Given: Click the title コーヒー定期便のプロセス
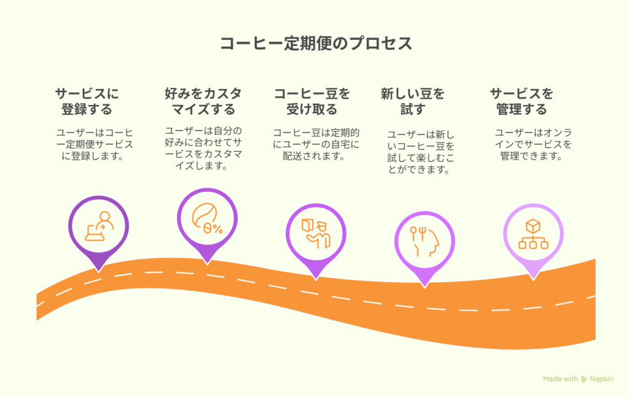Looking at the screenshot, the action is pos(316,44).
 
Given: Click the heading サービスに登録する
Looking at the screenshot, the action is pos(87,101).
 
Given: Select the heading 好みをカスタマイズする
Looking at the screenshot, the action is pos(203,101).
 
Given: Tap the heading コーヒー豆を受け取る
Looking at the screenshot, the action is pos(312,101).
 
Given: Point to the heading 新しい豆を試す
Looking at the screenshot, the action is pos(413,101).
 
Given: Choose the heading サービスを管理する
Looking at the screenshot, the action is pos(522,101).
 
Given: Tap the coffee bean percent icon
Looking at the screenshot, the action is pos(207,218).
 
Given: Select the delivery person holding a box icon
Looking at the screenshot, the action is pos(316,234).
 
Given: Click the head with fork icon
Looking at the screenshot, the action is pos(424,242).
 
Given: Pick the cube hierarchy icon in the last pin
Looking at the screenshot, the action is pos(533,234).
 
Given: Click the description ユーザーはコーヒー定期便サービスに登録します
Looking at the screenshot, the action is pos(95,144).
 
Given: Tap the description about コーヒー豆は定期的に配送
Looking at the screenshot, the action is pos(316,144).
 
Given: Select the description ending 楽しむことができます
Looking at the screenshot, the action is pos(420,152).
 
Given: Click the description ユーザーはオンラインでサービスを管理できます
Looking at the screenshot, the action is pos(533,144).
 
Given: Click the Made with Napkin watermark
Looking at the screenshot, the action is pos(578,379).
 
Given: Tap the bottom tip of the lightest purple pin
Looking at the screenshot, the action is pos(533,280).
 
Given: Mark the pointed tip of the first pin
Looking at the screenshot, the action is pos(99,272).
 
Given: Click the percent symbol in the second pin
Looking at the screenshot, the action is pos(217,229).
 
